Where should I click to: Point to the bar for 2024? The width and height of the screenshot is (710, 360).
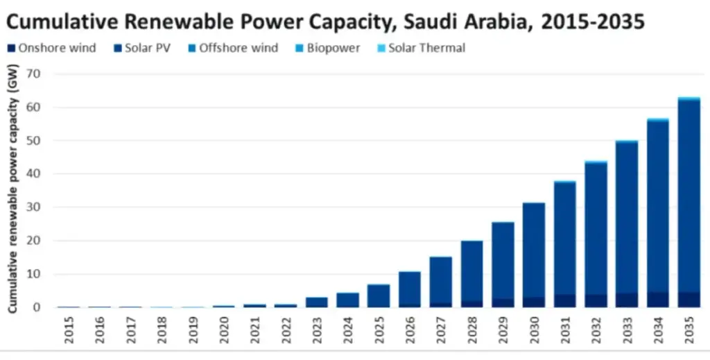click(348, 300)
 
